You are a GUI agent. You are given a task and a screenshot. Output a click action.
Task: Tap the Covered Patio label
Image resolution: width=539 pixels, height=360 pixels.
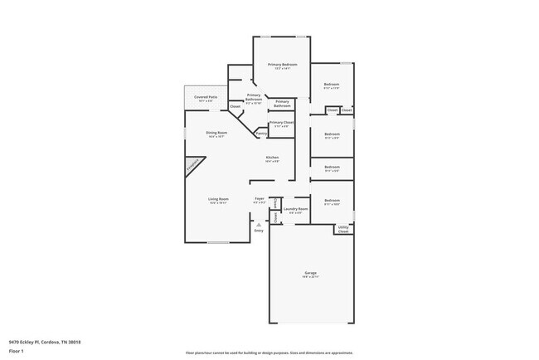point(206,97)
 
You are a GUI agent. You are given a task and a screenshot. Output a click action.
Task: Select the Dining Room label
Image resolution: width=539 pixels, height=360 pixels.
point(217,133)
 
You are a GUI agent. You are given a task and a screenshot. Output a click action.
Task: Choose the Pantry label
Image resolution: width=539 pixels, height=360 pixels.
point(261,133)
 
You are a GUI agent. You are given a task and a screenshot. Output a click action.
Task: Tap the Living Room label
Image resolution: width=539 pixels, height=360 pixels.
point(218,199)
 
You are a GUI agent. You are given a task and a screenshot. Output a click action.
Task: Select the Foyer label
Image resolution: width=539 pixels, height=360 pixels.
point(260,198)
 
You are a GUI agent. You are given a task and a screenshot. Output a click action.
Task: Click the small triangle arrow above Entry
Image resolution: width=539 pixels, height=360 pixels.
point(259,224)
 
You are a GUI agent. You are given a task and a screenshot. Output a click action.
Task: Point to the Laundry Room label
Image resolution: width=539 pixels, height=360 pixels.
point(295,208)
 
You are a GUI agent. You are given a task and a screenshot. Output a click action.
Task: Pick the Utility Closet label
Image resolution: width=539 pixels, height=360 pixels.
point(343,230)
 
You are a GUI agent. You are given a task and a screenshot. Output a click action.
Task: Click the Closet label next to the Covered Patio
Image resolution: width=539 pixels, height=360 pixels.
point(235,106)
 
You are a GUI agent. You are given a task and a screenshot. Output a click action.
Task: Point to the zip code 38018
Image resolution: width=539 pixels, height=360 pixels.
point(74,341)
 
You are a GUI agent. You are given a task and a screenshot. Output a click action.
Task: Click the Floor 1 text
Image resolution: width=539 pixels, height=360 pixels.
point(16,351)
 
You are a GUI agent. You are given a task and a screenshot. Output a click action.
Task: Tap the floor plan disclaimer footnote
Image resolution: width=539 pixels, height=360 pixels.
point(269,352)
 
